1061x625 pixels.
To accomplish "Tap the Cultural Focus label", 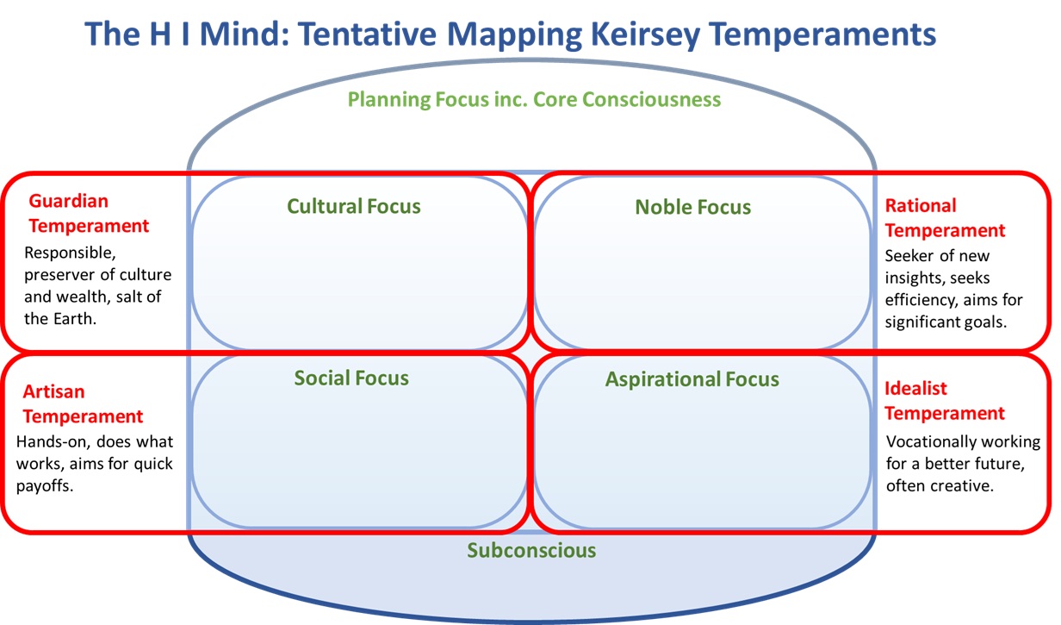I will coord(354,206).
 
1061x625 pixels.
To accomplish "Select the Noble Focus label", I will coord(693,207).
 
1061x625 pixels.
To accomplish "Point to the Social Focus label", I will coord(351,378).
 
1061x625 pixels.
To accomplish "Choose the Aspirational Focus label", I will coord(692,379).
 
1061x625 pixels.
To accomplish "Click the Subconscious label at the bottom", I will coord(531,550).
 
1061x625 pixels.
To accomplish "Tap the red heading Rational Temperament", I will coord(945,218).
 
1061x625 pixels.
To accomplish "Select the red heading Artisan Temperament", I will coord(83,404).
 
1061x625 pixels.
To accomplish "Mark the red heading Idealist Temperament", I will coord(945,401).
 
